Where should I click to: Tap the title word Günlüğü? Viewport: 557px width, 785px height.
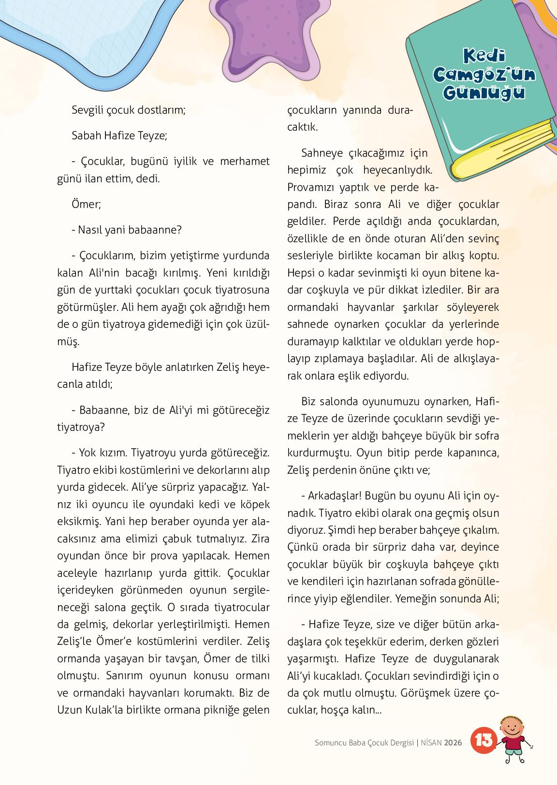[484, 92]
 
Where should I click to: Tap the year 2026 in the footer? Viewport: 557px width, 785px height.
[454, 742]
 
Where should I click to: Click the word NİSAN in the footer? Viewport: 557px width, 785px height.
[432, 742]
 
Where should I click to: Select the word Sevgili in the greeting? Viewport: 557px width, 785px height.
[88, 109]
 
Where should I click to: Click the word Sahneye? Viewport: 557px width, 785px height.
[322, 153]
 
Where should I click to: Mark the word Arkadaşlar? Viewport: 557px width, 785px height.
[334, 496]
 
